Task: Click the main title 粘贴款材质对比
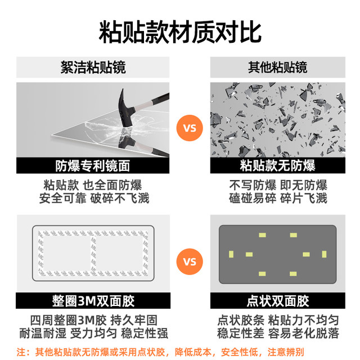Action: pyautogui.click(x=180, y=32)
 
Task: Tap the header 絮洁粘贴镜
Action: pyautogui.click(x=93, y=67)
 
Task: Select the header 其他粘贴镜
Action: pyautogui.click(x=277, y=67)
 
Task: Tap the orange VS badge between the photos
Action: pyautogui.click(x=190, y=128)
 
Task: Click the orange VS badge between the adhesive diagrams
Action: pyautogui.click(x=190, y=262)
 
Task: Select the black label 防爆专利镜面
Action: pyautogui.click(x=93, y=165)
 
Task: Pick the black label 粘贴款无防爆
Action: pyautogui.click(x=277, y=165)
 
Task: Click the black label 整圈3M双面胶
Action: pyautogui.click(x=93, y=301)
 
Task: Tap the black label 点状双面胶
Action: pyautogui.click(x=277, y=301)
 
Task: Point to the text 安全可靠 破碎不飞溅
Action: pyautogui.click(x=94, y=199)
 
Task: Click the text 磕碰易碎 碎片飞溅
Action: pyautogui.click(x=278, y=199)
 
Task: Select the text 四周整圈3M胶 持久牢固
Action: pyautogui.click(x=94, y=320)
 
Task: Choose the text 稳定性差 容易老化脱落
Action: pyautogui.click(x=278, y=334)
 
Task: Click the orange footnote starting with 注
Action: pyautogui.click(x=160, y=352)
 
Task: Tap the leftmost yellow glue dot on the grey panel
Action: pyautogui.click(x=231, y=254)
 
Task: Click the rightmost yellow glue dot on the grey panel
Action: pyautogui.click(x=324, y=254)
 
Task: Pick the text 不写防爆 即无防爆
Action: pyautogui.click(x=278, y=185)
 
